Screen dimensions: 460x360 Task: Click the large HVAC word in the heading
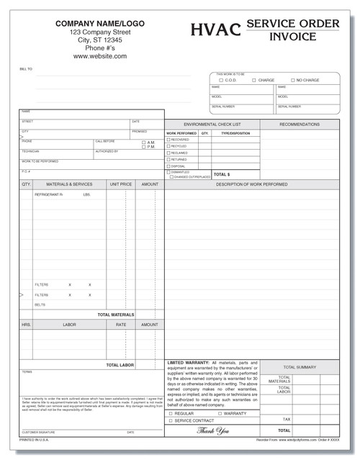pos(216,30)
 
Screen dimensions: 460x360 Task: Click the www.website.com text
pos(99,55)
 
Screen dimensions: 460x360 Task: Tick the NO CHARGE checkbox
pos(292,80)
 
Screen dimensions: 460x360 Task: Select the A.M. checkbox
pos(143,143)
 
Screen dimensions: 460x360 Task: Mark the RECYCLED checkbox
pos(168,147)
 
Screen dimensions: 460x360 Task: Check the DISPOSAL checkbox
pos(168,166)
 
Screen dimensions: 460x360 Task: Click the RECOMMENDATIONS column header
pos(299,125)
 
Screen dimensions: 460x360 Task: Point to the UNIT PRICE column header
pos(120,184)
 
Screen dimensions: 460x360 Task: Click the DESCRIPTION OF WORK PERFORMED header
pos(251,184)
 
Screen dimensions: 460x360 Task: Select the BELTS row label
pos(40,305)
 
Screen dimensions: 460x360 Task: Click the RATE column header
pos(120,325)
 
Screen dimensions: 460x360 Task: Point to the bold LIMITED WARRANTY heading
pos(189,361)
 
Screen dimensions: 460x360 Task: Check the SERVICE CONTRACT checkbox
pos(171,420)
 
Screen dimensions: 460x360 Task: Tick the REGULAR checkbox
pos(171,413)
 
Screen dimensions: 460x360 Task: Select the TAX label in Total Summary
pos(286,418)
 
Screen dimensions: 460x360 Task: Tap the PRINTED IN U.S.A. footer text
pos(34,438)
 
